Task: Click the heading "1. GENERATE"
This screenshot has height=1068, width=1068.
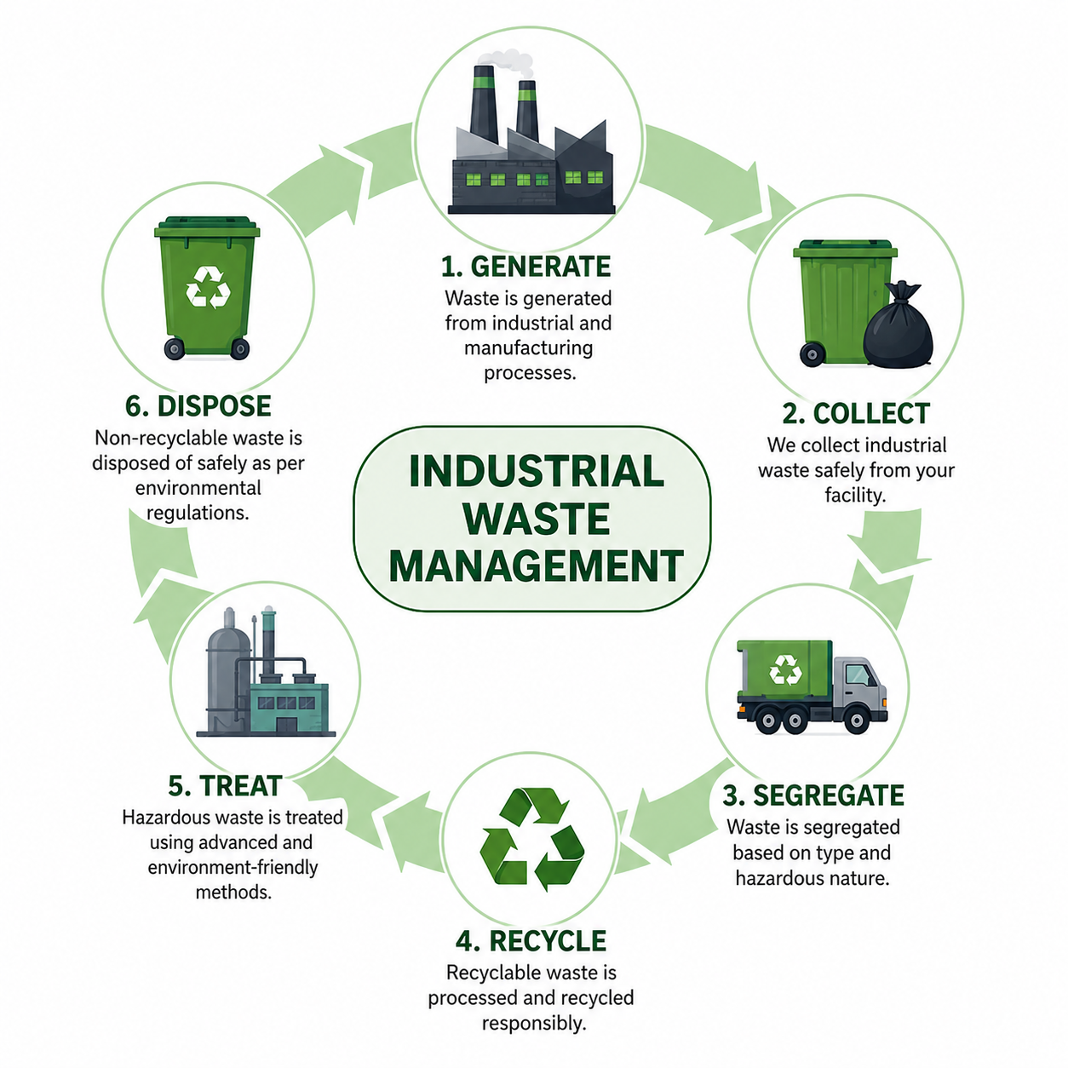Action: [x=526, y=267]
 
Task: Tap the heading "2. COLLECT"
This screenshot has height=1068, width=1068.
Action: [x=856, y=413]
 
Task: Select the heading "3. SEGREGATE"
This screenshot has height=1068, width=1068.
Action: [x=813, y=795]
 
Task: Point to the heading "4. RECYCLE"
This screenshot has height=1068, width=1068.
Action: [x=531, y=941]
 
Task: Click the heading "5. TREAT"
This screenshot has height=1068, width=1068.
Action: [x=225, y=786]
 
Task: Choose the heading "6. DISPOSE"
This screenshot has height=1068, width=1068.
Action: [x=198, y=406]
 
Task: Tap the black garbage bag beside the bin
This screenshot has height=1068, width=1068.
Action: [x=898, y=324]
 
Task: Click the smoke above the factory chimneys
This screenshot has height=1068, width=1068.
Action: [x=505, y=62]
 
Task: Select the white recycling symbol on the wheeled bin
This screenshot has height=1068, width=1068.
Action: [x=208, y=287]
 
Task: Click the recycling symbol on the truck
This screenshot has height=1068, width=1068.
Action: [x=785, y=669]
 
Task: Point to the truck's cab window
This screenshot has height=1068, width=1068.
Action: [x=858, y=675]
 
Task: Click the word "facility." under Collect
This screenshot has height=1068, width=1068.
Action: [x=854, y=495]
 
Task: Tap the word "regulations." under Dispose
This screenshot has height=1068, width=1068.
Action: [x=198, y=514]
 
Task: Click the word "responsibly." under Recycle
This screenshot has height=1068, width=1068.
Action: [x=534, y=1023]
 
